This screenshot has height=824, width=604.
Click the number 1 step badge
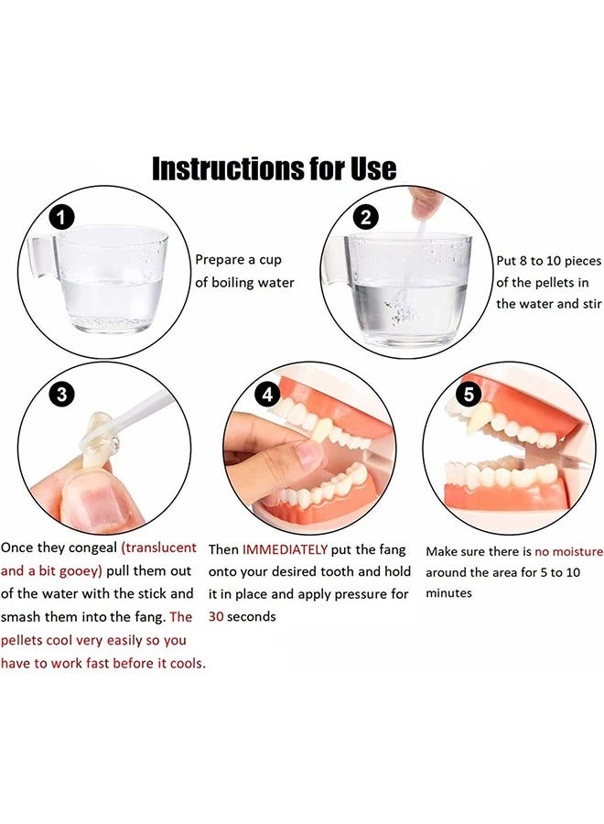pyautogui.click(x=61, y=218)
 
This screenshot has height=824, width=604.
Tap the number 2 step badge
pyautogui.click(x=365, y=218)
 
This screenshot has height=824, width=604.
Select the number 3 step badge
pyautogui.click(x=61, y=395)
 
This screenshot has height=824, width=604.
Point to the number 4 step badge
pyautogui.click(x=267, y=396)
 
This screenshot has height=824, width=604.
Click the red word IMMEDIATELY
pyautogui.click(x=285, y=549)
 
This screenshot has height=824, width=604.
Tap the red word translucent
pyautogui.click(x=162, y=548)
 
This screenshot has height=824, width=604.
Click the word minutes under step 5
pyautogui.click(x=448, y=593)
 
